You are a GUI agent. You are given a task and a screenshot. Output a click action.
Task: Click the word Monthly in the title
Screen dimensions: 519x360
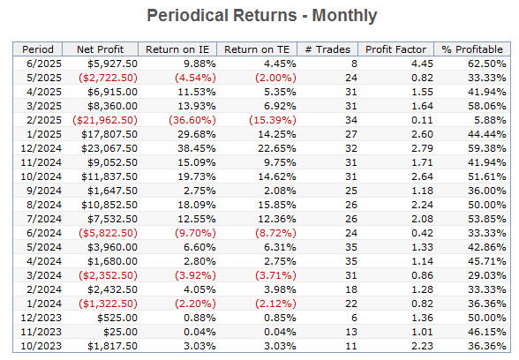344,16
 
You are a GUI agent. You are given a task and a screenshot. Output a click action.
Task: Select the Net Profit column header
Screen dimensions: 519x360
100,49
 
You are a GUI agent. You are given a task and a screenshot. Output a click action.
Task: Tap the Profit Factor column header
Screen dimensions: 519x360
395,49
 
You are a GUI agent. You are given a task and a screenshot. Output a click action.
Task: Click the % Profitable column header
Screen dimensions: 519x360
472,49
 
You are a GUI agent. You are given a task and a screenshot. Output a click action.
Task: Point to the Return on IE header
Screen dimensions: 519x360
177,49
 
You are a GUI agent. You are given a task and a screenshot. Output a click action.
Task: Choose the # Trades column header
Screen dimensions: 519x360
327,49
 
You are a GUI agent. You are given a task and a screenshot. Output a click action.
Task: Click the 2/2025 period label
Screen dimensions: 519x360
44,120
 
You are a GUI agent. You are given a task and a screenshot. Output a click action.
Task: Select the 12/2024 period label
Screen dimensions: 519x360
41,148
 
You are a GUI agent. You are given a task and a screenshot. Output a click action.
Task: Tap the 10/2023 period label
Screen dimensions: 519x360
41,346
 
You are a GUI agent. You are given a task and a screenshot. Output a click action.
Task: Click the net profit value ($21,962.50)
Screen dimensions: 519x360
105,120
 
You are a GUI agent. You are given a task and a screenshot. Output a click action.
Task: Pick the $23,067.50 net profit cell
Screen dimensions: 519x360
109,148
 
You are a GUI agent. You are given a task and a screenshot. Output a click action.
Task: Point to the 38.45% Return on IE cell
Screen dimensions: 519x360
197,148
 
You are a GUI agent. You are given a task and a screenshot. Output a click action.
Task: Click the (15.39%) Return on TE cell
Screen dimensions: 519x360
273,120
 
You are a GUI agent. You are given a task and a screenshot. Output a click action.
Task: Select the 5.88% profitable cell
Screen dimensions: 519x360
490,120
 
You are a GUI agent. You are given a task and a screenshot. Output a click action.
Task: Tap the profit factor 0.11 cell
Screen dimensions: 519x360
422,120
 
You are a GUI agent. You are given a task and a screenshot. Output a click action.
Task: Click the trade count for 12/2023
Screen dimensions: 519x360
354,318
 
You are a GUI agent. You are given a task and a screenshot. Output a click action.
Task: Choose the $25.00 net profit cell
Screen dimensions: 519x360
120,332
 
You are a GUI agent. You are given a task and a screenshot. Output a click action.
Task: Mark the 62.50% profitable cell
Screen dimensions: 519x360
487,64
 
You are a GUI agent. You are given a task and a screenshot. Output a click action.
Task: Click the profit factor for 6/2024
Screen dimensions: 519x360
422,233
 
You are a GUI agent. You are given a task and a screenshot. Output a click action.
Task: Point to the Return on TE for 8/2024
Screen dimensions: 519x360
277,205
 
